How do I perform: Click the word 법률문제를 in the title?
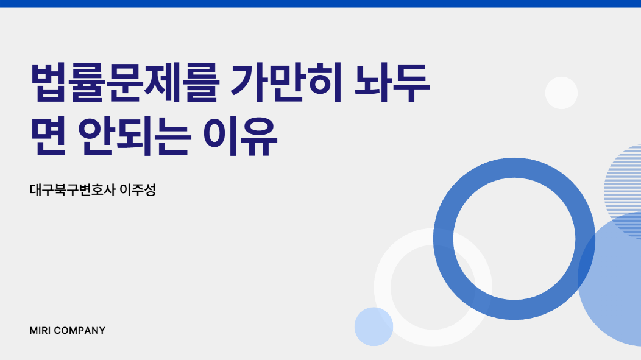[x=125, y=83]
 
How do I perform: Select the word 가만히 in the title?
[x=286, y=83]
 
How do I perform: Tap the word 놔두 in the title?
[x=392, y=83]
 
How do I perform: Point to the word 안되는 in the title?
[x=134, y=136]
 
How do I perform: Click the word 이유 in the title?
[x=240, y=136]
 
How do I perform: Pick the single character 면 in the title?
[x=48, y=136]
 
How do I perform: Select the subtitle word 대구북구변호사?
[x=73, y=190]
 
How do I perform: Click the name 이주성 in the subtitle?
[x=138, y=190]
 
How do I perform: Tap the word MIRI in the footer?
[x=40, y=331]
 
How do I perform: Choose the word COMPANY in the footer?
[x=80, y=331]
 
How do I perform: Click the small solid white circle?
[x=561, y=93]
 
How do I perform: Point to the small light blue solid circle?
[x=374, y=327]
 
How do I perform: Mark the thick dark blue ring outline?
[x=443, y=239]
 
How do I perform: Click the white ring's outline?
[x=382, y=288]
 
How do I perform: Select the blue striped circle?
[x=623, y=180]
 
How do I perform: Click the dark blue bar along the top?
[x=320, y=4]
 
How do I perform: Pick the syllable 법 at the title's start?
[x=49, y=83]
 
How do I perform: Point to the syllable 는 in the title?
[x=173, y=136]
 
